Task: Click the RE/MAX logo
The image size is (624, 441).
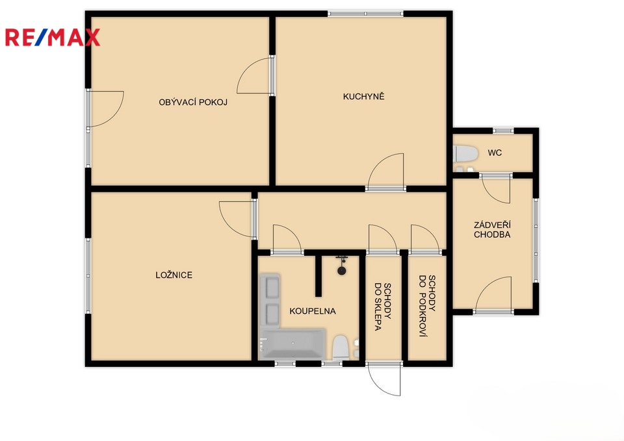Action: click(52, 38)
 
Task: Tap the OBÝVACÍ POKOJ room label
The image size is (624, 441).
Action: click(193, 102)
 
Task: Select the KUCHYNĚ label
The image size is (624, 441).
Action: click(364, 96)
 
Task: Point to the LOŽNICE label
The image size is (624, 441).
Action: click(174, 275)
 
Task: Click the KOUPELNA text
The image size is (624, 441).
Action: click(313, 311)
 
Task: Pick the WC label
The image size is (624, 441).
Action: click(495, 153)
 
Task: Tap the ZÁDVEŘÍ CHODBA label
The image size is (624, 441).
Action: click(492, 230)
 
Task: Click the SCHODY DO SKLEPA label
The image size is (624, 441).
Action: click(383, 307)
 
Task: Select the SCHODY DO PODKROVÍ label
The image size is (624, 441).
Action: click(428, 306)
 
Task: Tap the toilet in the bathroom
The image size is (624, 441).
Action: click(341, 347)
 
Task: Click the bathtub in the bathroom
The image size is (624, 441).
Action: click(293, 344)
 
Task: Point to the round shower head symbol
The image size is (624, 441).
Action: click(341, 271)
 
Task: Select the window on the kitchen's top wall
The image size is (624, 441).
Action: click(365, 14)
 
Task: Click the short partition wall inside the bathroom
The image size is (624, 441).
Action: click(318, 276)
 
